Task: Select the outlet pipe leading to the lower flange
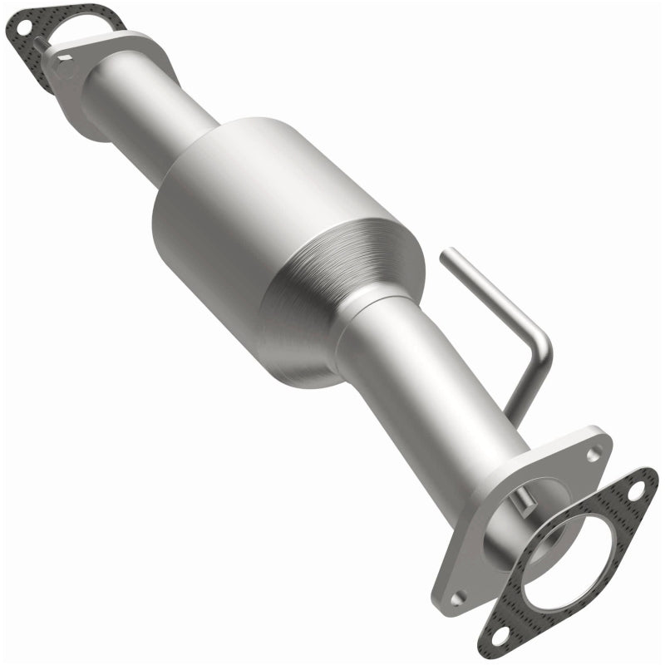coord(424,391)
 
